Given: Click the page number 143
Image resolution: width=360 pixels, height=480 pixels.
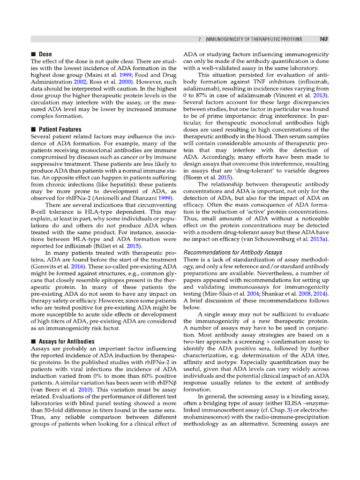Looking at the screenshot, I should coord(323,39).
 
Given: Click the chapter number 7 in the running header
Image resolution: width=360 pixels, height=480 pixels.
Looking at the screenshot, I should coord(200,39).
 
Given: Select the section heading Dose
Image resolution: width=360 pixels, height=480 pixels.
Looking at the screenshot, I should coord(45,54).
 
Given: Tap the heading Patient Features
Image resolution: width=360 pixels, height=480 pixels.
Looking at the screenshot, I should coord(60,129).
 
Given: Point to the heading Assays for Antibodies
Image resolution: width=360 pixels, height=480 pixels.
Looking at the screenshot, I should coord(67,342).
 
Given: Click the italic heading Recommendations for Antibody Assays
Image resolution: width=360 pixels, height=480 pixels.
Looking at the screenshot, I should coord(232,253).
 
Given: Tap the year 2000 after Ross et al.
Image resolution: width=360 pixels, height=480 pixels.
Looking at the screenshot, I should coord(124,82).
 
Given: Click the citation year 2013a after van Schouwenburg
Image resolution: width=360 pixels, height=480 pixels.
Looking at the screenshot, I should coord(320,240).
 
